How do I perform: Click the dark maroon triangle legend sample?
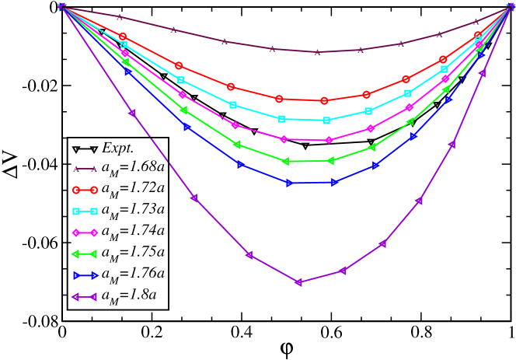85,169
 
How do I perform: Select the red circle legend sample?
85,190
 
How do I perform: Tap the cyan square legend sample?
85,211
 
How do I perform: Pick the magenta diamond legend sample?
85,232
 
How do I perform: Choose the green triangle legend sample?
84,254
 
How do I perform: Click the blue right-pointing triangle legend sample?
85,275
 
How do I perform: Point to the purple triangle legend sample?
84,297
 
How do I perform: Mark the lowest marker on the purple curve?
298,282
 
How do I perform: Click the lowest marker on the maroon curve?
316,52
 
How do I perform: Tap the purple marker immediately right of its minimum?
342,271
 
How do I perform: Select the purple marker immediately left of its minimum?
249,254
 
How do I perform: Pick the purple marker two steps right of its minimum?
382,243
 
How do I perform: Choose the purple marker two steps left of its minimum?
193,197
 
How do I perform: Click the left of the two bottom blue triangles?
289,183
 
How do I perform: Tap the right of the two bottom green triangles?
330,161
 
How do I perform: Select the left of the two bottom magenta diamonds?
284,139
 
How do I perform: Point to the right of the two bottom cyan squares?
326,121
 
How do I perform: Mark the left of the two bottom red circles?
279,99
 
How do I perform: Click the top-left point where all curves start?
62,6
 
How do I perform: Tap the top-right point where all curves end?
511,6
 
